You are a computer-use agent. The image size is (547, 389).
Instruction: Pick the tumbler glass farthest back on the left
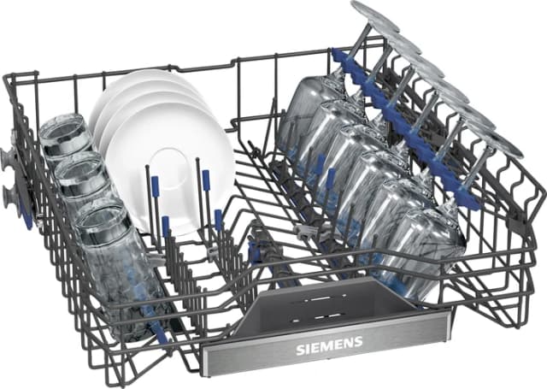point(63,138)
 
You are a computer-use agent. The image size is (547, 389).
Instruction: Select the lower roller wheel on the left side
point(10,197)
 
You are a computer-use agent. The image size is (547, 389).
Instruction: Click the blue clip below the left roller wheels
point(26,218)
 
